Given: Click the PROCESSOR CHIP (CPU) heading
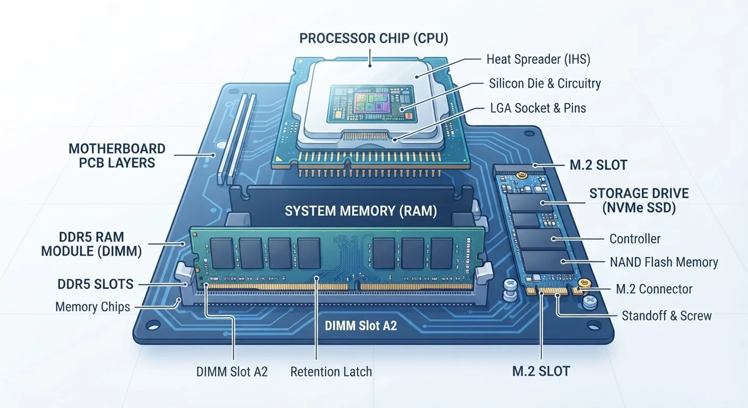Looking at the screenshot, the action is click(373, 38).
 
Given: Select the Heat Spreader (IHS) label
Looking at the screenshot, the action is click(538, 59).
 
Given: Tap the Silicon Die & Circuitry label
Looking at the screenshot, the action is click(545, 83).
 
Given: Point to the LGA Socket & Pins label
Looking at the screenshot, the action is click(538, 108).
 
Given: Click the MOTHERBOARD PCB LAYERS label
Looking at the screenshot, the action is click(117, 156).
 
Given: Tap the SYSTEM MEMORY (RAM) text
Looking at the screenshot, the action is click(361, 211).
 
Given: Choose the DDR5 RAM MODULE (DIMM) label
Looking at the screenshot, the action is click(91, 244).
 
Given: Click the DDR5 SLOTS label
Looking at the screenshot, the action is click(96, 284).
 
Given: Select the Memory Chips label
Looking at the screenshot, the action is click(92, 307).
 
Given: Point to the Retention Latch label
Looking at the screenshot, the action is click(331, 371).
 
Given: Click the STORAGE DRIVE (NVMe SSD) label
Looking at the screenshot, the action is click(639, 200).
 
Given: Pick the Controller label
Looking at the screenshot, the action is click(635, 239).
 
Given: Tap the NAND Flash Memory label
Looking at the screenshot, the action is click(664, 262).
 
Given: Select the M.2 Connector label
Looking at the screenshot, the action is click(654, 289).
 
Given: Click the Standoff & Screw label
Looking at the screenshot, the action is click(667, 316).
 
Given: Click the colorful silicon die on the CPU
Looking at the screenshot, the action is click(371, 102).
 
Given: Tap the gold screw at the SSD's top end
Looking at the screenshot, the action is click(520, 174).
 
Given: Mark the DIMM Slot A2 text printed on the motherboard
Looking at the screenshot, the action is click(361, 326).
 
